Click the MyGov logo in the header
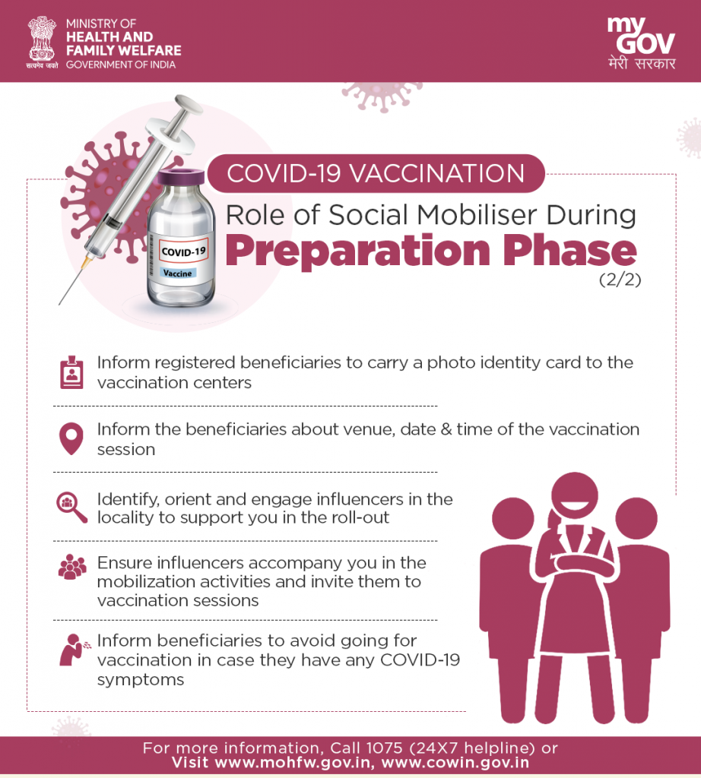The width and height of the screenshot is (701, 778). click(641, 43)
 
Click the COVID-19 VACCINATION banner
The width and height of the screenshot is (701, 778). click(376, 174)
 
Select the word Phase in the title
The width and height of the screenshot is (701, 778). click(570, 250)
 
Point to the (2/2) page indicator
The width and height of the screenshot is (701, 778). click(620, 280)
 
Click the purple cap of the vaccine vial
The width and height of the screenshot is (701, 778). click(181, 176)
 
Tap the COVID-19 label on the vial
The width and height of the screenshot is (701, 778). click(183, 251)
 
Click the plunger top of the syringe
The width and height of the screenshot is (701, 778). click(188, 103)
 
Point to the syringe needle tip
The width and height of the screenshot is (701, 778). click(59, 304)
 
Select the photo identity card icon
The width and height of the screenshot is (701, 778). click(71, 372)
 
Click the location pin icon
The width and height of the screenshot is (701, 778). click(71, 438)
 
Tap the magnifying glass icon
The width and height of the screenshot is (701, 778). click(71, 508)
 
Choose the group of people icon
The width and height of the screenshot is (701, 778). click(72, 567)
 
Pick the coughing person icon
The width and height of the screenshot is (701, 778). click(75, 650)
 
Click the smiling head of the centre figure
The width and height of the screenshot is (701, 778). click(574, 495)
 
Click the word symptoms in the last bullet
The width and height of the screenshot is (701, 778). click(141, 680)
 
